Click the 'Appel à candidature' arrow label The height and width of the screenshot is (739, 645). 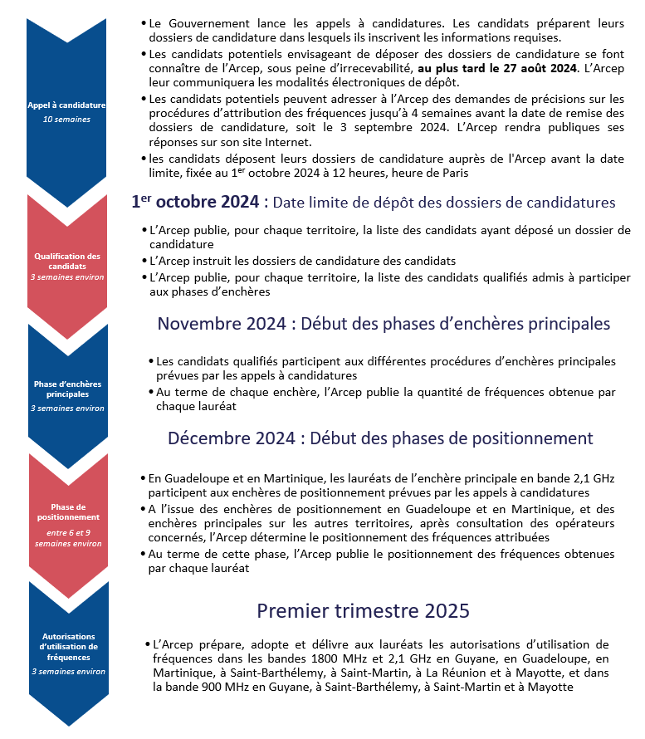tap(66, 106)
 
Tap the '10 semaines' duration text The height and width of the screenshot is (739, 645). tap(66, 120)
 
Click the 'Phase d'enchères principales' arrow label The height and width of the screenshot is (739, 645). tap(67, 389)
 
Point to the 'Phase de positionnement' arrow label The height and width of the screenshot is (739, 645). tap(67, 511)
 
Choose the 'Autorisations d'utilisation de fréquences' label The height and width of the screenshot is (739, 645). tap(67, 646)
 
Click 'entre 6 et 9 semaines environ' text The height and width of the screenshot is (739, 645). tap(67, 537)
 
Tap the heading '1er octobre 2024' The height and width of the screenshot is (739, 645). tap(195, 202)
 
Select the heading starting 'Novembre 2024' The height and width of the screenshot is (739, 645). tap(384, 323)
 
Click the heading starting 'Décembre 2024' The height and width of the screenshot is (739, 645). tap(380, 438)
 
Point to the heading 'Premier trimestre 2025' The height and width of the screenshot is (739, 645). tap(364, 610)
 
